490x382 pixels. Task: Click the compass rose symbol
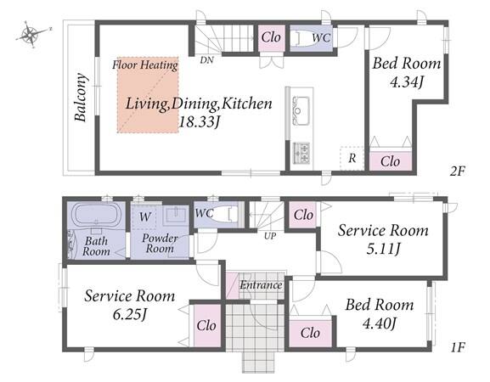tap(31, 34)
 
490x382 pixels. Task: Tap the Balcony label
tap(81, 98)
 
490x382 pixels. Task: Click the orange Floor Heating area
tap(148, 95)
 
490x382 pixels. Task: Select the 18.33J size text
tap(199, 121)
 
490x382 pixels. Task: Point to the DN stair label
tap(207, 59)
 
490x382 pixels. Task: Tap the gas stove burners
tap(301, 153)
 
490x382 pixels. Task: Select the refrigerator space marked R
tap(352, 159)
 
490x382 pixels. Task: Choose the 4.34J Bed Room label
tap(407, 72)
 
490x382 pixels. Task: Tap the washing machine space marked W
tap(144, 216)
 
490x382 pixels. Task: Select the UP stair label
tap(270, 236)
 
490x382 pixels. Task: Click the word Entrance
tap(262, 285)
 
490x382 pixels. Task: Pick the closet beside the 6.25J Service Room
tap(207, 325)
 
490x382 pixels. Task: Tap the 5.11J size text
tap(383, 250)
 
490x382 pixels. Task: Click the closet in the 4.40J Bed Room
tap(310, 334)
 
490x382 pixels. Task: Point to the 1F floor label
tap(458, 347)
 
